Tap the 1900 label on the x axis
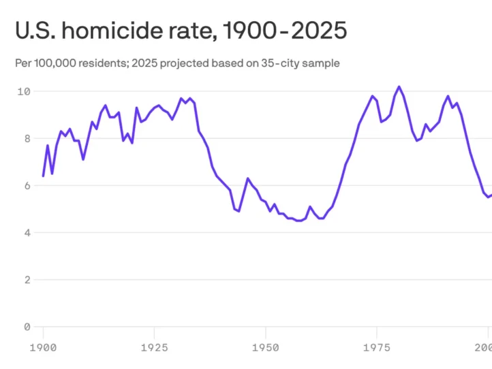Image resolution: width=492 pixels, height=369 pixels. click(43, 347)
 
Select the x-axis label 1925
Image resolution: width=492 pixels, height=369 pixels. click(154, 347)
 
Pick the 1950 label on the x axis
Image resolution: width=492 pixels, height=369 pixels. click(265, 347)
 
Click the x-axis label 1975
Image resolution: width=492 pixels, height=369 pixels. click(376, 347)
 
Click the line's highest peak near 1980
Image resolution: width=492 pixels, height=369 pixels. click(399, 86)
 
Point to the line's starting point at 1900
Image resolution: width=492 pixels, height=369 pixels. click(43, 176)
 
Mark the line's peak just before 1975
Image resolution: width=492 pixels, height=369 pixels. click(372, 96)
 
